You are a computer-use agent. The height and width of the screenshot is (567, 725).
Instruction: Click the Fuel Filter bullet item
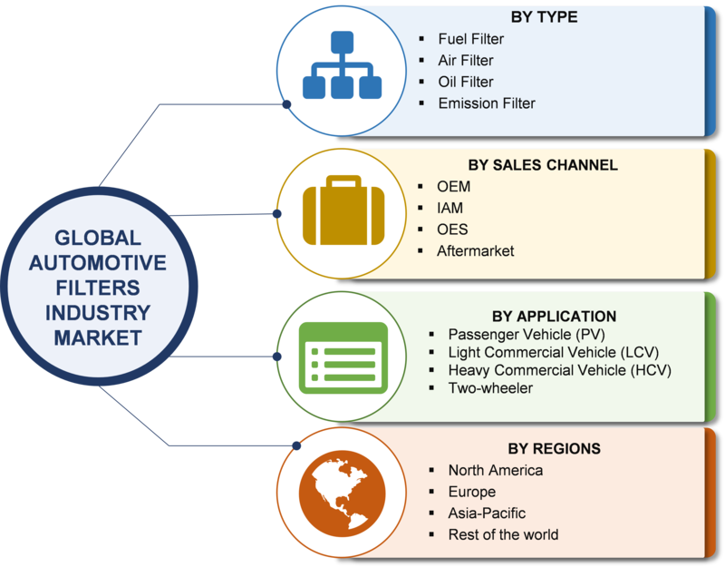470,39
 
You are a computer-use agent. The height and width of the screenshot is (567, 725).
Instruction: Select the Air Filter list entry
466,61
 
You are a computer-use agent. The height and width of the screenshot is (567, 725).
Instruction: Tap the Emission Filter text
487,103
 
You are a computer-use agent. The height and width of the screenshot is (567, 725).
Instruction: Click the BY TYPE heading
544,16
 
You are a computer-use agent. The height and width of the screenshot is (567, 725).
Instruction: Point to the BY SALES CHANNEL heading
543,165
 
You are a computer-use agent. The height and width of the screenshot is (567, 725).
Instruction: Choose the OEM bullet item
454,187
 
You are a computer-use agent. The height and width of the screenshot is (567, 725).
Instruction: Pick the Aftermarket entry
476,250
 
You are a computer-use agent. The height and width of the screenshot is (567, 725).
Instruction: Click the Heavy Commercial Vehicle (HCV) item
559,370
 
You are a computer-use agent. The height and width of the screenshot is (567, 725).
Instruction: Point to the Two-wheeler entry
490,388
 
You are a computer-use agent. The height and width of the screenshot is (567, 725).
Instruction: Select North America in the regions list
496,470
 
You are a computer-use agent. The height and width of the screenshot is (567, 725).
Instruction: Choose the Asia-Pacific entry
487,513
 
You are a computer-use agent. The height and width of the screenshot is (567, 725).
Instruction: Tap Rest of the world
503,534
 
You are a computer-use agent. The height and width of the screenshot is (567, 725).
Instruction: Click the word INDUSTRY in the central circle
98,313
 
